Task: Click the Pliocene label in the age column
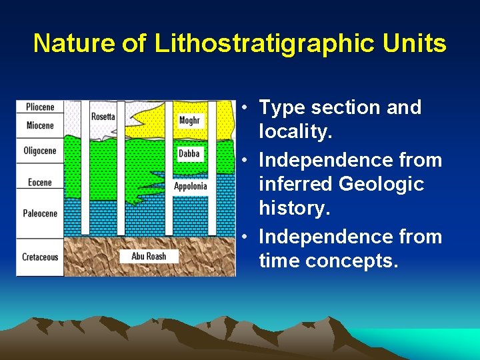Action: coord(40,107)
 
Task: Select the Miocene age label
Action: coord(40,125)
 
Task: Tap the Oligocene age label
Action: coord(40,151)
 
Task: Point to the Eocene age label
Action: coord(40,182)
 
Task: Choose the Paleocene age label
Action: coord(40,213)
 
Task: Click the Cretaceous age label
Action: coord(40,257)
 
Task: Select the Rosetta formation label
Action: coord(103,117)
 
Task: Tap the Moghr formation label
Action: coord(189,120)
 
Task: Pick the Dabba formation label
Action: coord(189,154)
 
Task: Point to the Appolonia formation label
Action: coord(191,186)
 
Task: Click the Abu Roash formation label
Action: coord(149,256)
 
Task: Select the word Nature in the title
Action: coord(74,44)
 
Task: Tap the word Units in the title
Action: coord(415,44)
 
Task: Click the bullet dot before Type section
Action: coord(246,108)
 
